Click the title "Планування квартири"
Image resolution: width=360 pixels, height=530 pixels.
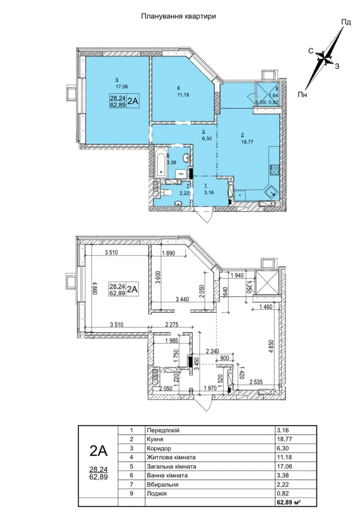(x=179, y=16)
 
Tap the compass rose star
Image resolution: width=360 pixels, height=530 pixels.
(x=325, y=58)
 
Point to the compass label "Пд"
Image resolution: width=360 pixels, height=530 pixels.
(x=346, y=22)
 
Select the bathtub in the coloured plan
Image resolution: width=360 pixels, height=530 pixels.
(x=161, y=162)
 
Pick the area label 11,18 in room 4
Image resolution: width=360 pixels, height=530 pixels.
(x=183, y=95)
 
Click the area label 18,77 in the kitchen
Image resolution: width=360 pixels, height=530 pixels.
(x=247, y=142)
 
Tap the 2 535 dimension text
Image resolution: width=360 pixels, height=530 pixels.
(x=256, y=382)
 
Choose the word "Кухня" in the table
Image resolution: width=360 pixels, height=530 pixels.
(x=155, y=439)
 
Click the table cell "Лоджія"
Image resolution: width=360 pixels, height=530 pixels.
(x=157, y=493)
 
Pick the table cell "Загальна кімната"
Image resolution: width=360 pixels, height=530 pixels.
(x=172, y=466)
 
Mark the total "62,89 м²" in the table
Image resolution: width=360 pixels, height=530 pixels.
(x=289, y=502)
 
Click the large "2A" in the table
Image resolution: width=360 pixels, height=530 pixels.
(x=98, y=450)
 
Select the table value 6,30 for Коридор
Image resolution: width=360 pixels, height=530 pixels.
(x=283, y=449)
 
